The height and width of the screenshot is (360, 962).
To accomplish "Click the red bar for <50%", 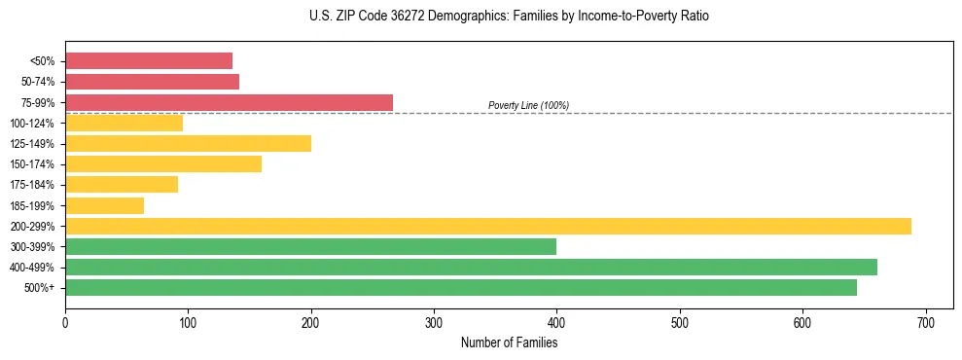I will [x=149, y=60].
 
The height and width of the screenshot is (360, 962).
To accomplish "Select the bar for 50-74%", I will [x=152, y=82].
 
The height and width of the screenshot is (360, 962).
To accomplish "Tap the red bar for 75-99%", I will [x=229, y=102].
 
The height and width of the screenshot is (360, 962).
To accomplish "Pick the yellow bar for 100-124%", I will [x=124, y=123].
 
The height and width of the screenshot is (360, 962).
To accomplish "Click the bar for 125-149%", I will [x=188, y=143].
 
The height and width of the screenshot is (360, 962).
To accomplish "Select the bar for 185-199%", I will [x=104, y=205].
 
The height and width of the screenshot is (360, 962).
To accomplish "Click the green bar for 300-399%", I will [x=310, y=246].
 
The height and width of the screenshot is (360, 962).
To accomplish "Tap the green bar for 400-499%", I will [x=471, y=267].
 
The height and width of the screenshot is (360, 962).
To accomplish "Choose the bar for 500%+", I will [x=461, y=287].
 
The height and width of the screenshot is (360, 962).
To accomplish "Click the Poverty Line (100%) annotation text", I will [x=528, y=105].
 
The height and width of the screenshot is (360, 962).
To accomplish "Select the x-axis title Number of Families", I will [x=509, y=342].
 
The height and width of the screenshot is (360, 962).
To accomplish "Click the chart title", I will [x=510, y=17].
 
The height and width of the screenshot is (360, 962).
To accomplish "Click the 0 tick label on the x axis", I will [x=65, y=323].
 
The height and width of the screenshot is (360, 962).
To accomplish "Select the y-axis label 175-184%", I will [x=32, y=185].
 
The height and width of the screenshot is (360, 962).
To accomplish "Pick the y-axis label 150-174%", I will [x=32, y=164].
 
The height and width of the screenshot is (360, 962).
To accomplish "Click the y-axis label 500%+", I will [x=39, y=288].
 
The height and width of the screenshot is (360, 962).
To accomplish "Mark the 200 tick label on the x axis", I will [x=311, y=323].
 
